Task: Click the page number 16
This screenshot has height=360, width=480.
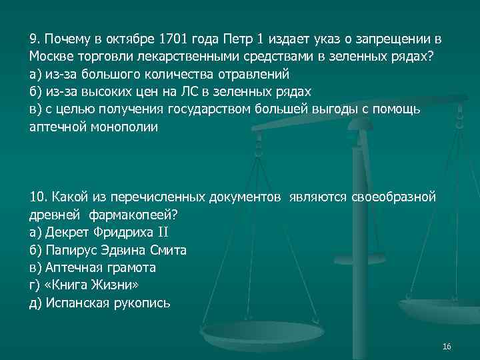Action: pyautogui.click(x=447, y=347)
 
